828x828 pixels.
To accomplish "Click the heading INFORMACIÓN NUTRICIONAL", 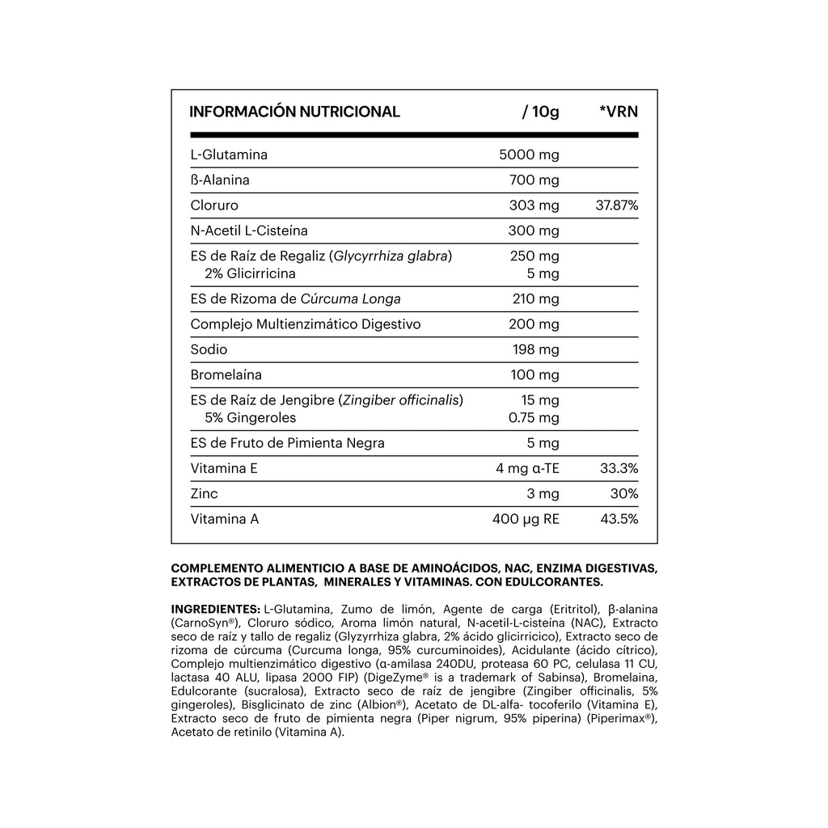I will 294,112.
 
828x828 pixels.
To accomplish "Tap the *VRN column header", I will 619,112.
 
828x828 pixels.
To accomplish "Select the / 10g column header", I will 541,112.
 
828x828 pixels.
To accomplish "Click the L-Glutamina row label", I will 229,154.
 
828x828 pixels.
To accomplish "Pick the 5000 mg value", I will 530,154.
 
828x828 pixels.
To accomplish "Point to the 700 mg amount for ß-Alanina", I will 534,180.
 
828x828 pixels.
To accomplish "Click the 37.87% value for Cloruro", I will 617,205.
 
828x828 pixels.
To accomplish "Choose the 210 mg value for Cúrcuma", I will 535,299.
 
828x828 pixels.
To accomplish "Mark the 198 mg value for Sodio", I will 534,349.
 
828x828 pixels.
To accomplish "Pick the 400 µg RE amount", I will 526,519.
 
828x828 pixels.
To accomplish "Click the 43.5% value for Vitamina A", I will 619,519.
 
